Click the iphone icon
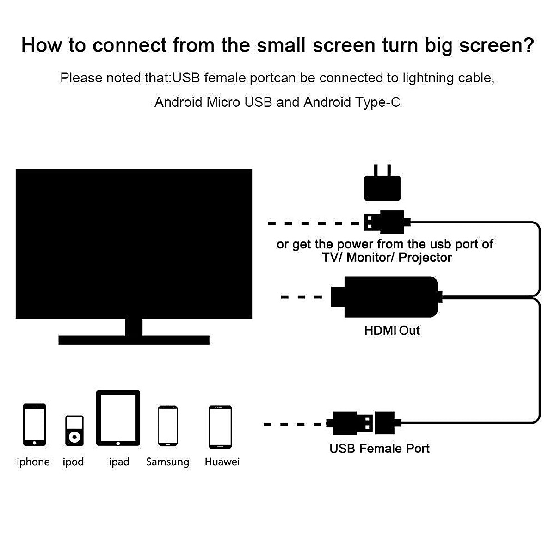[34, 424]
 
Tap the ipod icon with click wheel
[74, 431]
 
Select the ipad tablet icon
[118, 418]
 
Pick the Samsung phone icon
[168, 425]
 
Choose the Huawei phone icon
[220, 426]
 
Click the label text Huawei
[222, 462]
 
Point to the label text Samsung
[167, 462]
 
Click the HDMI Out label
[392, 331]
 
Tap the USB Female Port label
[379, 448]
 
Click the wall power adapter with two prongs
[382, 185]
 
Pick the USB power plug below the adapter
[386, 222]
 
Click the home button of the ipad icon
[118, 442]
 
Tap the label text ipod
[73, 462]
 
